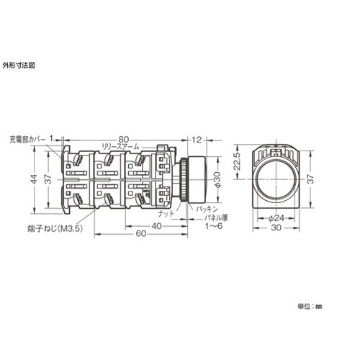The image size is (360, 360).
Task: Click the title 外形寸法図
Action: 19,64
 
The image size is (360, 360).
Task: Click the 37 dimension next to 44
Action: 48,180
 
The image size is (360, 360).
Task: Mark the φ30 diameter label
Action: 217,180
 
